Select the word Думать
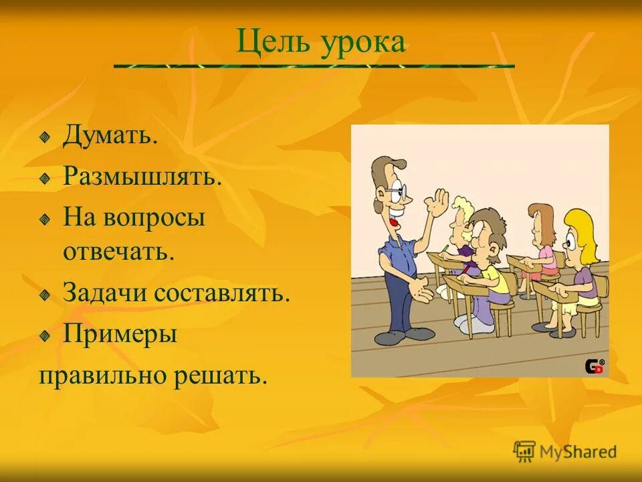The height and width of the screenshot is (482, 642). (110, 137)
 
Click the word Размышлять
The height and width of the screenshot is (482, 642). (142, 178)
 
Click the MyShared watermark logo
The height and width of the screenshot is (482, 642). (564, 451)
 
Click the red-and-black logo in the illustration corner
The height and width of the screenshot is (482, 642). (595, 366)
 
